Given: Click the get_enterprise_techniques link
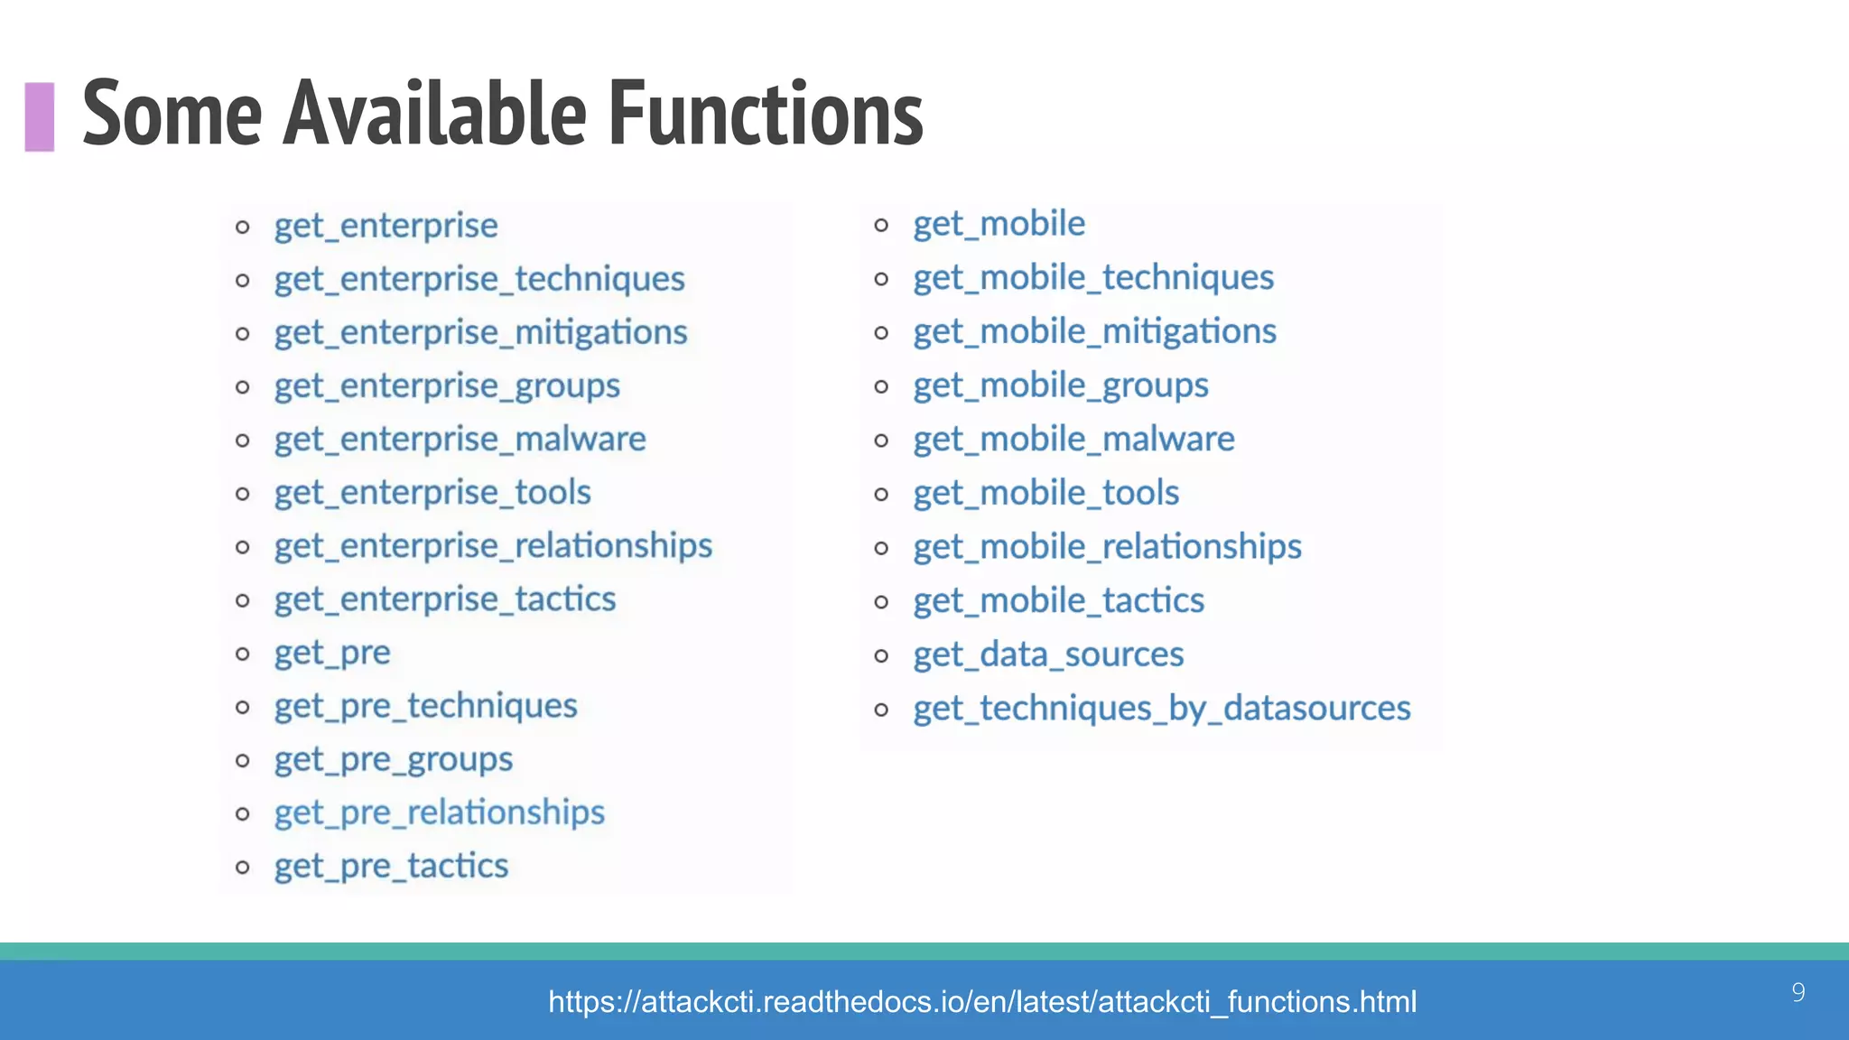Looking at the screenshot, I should (479, 279).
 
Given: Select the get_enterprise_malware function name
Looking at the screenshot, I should (460, 440).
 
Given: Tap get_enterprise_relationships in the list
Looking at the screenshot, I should (493, 546).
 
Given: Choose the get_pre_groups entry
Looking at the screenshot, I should (394, 760).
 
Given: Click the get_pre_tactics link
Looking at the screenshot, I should (392, 867).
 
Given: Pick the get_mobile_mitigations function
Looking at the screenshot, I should (1094, 332).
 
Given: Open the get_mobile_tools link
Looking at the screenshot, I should (1045, 494).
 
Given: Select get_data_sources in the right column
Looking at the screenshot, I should (1048, 655).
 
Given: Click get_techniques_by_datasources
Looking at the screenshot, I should (1161, 709).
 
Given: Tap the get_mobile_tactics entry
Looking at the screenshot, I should (1058, 601).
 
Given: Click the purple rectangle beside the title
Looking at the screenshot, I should (40, 116).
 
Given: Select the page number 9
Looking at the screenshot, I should (1798, 993).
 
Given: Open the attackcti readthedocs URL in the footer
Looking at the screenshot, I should (982, 1002).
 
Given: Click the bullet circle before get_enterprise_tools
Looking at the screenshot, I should (242, 494).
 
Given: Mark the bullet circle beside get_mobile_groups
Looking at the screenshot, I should (881, 387).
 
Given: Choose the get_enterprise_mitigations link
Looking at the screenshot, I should (481, 333).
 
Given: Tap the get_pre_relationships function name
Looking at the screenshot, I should (440, 813).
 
